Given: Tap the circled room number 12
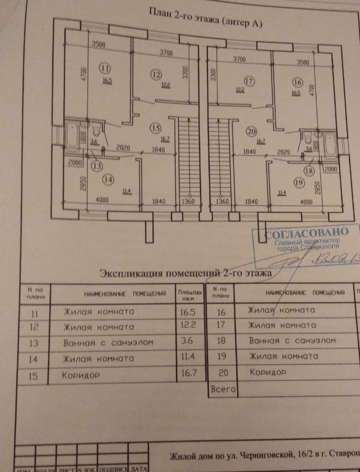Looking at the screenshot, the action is point(156,74).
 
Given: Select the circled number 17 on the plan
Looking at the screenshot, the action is point(249,80).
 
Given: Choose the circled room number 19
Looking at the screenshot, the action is point(299,183).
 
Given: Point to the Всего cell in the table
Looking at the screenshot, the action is point(221,389).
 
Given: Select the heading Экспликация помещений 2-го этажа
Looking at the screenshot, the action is point(185,274).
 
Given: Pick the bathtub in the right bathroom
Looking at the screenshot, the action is point(332,145).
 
